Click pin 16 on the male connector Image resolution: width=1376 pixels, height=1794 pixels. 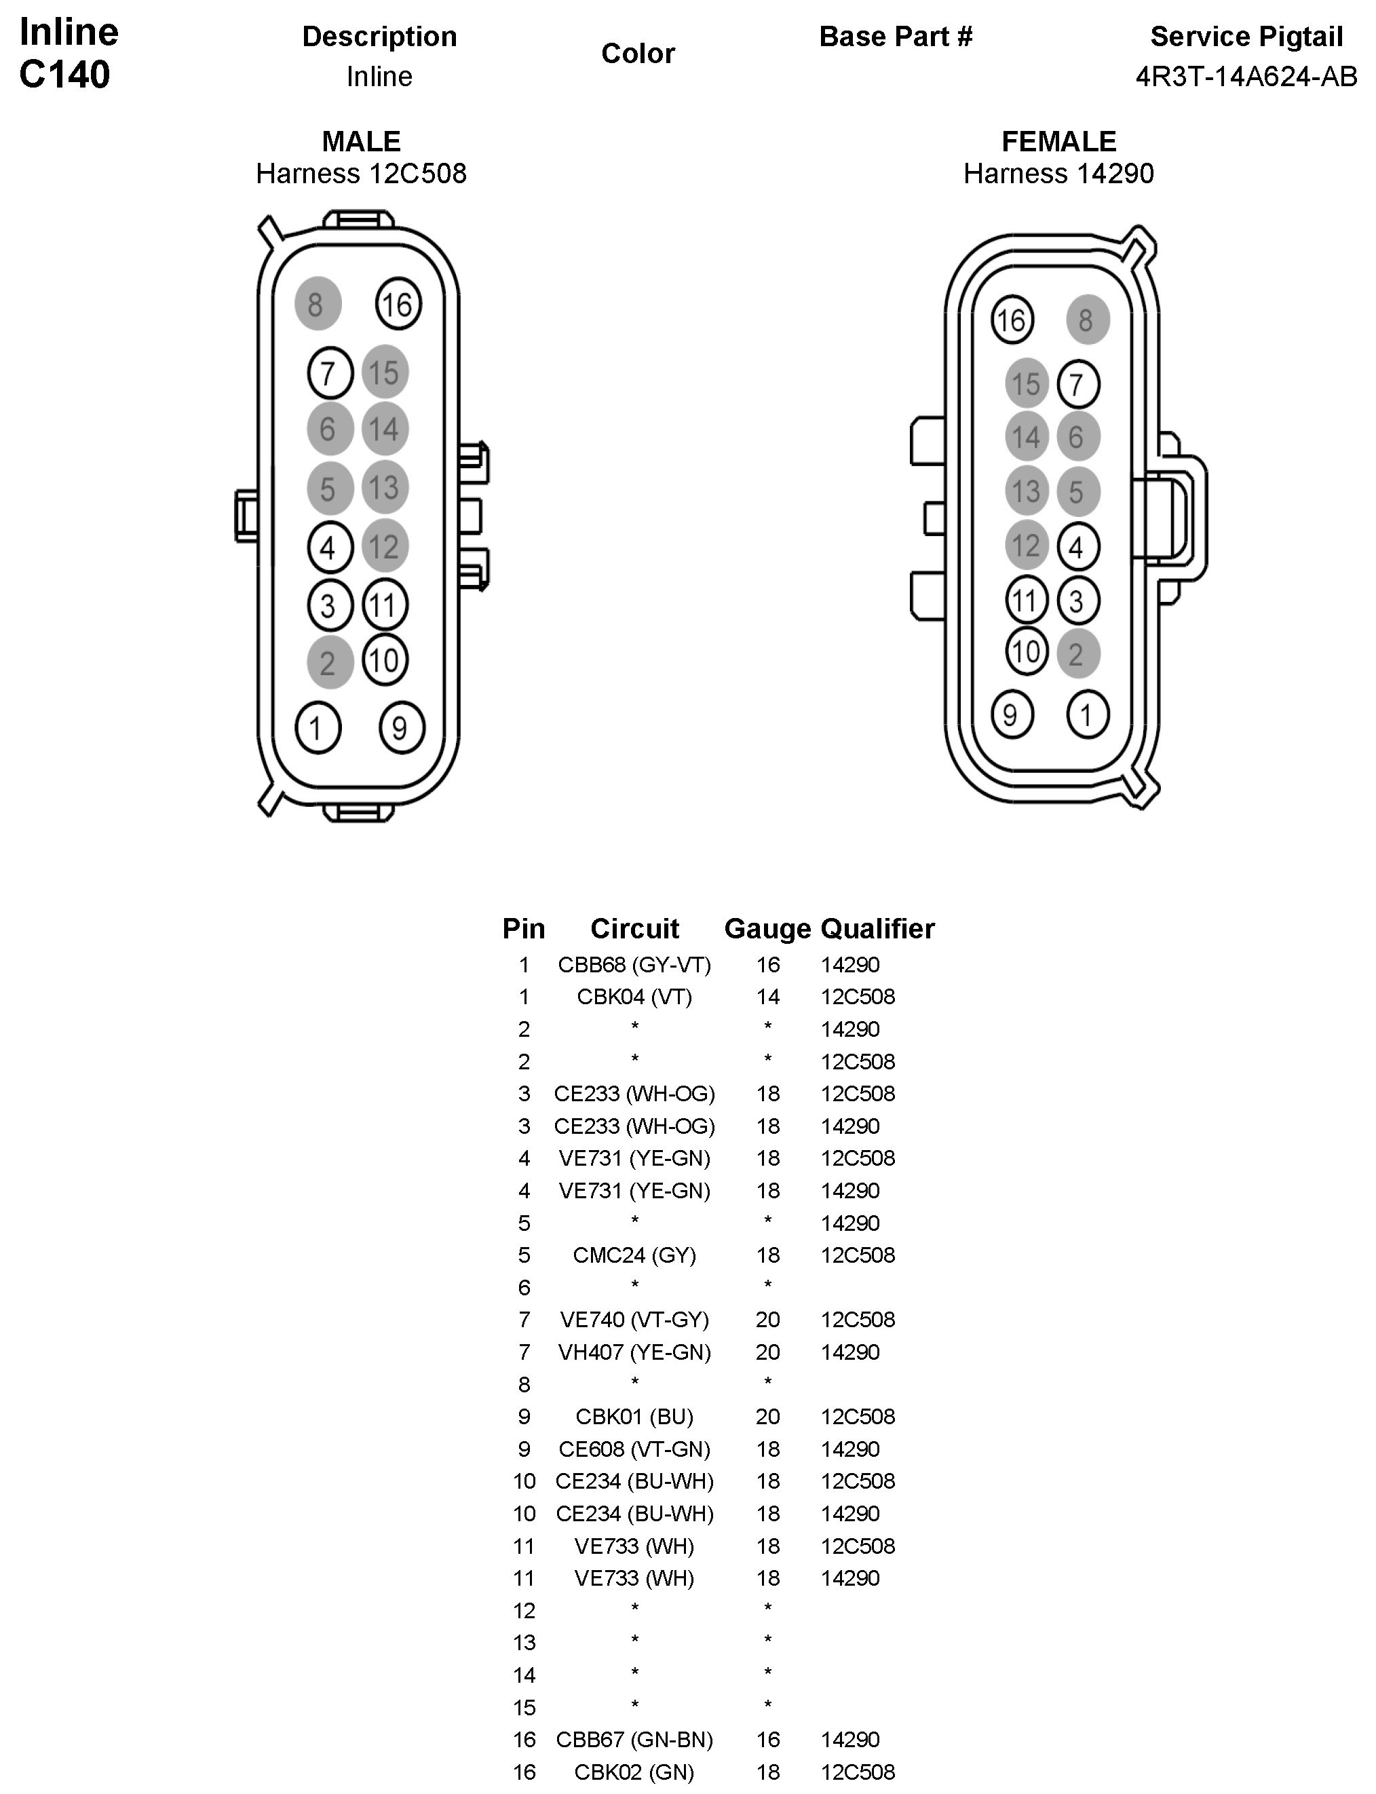398,305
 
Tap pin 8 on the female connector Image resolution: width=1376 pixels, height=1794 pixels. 1087,320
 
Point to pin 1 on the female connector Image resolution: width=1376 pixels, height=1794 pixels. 1087,715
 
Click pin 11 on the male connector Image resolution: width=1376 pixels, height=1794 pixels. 384,605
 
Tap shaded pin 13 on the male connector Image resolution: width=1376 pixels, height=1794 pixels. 384,487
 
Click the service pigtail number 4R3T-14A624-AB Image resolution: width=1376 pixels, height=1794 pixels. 1246,76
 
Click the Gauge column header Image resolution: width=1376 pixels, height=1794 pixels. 767,928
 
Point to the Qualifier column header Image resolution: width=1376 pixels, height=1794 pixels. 877,928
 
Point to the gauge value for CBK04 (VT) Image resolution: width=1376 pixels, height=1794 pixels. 767,997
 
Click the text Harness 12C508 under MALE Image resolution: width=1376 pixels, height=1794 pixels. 361,174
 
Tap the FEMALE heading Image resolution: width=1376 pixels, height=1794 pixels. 1058,142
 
